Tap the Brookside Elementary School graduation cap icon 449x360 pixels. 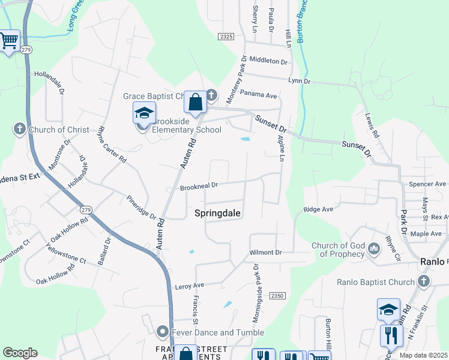[144, 113]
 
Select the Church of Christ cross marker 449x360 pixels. [19, 129]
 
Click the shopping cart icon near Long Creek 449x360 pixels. [9, 41]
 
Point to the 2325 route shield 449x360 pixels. [226, 37]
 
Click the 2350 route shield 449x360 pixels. [277, 296]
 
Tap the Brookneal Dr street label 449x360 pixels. [199, 187]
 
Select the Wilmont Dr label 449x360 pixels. [265, 253]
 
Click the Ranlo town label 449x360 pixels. [432, 262]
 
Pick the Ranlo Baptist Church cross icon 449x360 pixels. [424, 281]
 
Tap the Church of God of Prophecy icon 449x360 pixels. [373, 248]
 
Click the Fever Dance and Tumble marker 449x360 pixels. [162, 332]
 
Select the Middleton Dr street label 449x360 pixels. [268, 61]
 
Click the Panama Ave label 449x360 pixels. [258, 95]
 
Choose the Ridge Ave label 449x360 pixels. [318, 209]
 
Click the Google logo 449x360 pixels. [20, 353]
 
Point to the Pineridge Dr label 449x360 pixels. [141, 206]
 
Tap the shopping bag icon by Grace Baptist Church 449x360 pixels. [195, 102]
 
